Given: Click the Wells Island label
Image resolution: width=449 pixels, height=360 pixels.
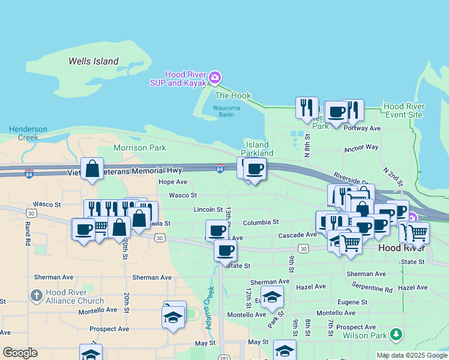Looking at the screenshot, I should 93,61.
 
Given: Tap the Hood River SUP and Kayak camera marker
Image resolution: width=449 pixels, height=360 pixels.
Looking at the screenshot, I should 215,78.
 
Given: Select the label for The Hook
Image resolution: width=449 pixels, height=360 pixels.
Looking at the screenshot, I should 233,95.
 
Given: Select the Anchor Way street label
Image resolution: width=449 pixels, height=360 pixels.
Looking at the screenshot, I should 361,148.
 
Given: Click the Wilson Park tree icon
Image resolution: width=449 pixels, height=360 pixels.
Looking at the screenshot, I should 396,333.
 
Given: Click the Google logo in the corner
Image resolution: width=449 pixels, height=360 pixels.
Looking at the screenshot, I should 20,353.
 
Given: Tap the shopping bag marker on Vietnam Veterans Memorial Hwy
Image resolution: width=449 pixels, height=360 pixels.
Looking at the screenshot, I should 92,169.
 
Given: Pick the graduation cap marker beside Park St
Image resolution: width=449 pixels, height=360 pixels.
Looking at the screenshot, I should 272,298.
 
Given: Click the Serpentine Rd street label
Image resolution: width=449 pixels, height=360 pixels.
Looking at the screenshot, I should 372,287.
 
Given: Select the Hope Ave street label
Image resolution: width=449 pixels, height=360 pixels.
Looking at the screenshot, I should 173,182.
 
